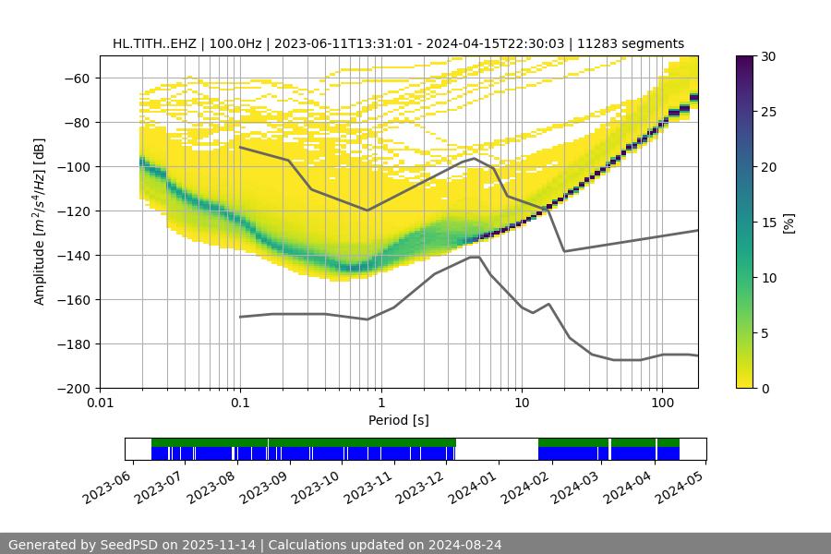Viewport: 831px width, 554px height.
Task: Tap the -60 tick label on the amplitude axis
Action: tap(78, 78)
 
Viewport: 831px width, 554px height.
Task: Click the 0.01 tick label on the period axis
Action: tap(100, 403)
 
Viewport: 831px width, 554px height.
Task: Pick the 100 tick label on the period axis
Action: tap(661, 403)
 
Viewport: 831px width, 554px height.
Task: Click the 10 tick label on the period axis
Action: tap(521, 403)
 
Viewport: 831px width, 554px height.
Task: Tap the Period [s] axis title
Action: tap(399, 421)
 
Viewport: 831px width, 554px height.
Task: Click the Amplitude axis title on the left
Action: tap(40, 222)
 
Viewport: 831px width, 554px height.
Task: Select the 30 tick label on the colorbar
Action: tap(767, 56)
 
